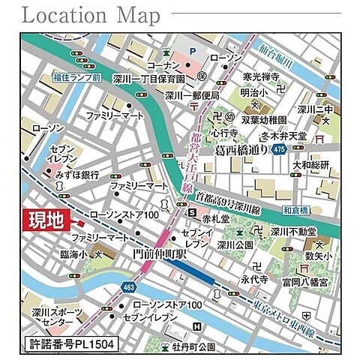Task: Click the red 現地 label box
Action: coord(46,220)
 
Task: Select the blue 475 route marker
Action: coord(279,151)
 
